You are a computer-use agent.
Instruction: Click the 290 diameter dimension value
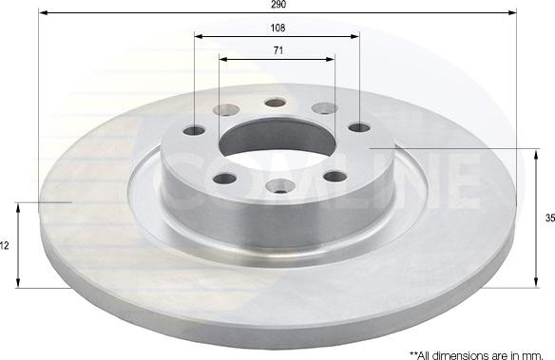(x=277, y=5)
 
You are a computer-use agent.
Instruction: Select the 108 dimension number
(x=276, y=28)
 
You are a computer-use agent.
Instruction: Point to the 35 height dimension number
(x=549, y=218)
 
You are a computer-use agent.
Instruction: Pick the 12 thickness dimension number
(x=6, y=245)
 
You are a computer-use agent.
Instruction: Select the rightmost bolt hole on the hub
(x=358, y=126)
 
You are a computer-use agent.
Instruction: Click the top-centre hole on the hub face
(x=275, y=103)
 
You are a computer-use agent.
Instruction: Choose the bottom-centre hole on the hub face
(x=280, y=185)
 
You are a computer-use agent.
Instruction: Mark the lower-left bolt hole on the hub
(x=223, y=178)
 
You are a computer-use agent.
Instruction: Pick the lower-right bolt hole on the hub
(x=335, y=175)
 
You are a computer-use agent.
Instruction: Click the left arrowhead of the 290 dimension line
(x=43, y=13)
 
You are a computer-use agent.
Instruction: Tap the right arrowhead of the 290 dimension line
(x=512, y=13)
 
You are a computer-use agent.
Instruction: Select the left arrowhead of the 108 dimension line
(x=199, y=37)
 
